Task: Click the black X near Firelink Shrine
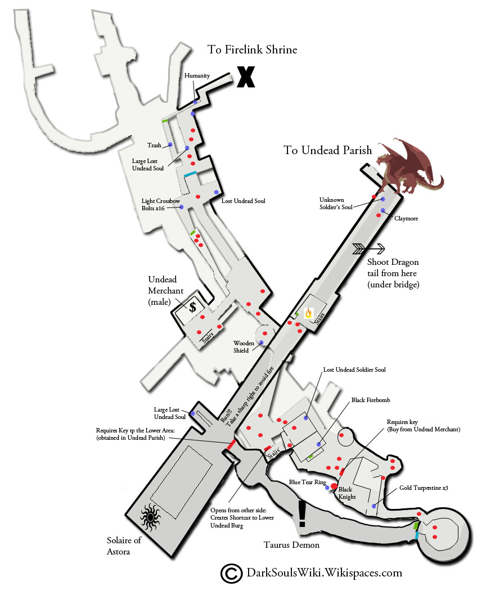coord(245,77)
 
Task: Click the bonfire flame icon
coord(308,313)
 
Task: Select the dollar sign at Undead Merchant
coord(192,307)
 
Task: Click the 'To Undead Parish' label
coord(327,150)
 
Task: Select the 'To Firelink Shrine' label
coord(252,50)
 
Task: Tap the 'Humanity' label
coord(197,76)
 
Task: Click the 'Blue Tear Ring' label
coord(308,483)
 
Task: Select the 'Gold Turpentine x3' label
coord(422,488)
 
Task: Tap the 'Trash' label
coord(154,145)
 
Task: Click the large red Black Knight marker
coord(334,485)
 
